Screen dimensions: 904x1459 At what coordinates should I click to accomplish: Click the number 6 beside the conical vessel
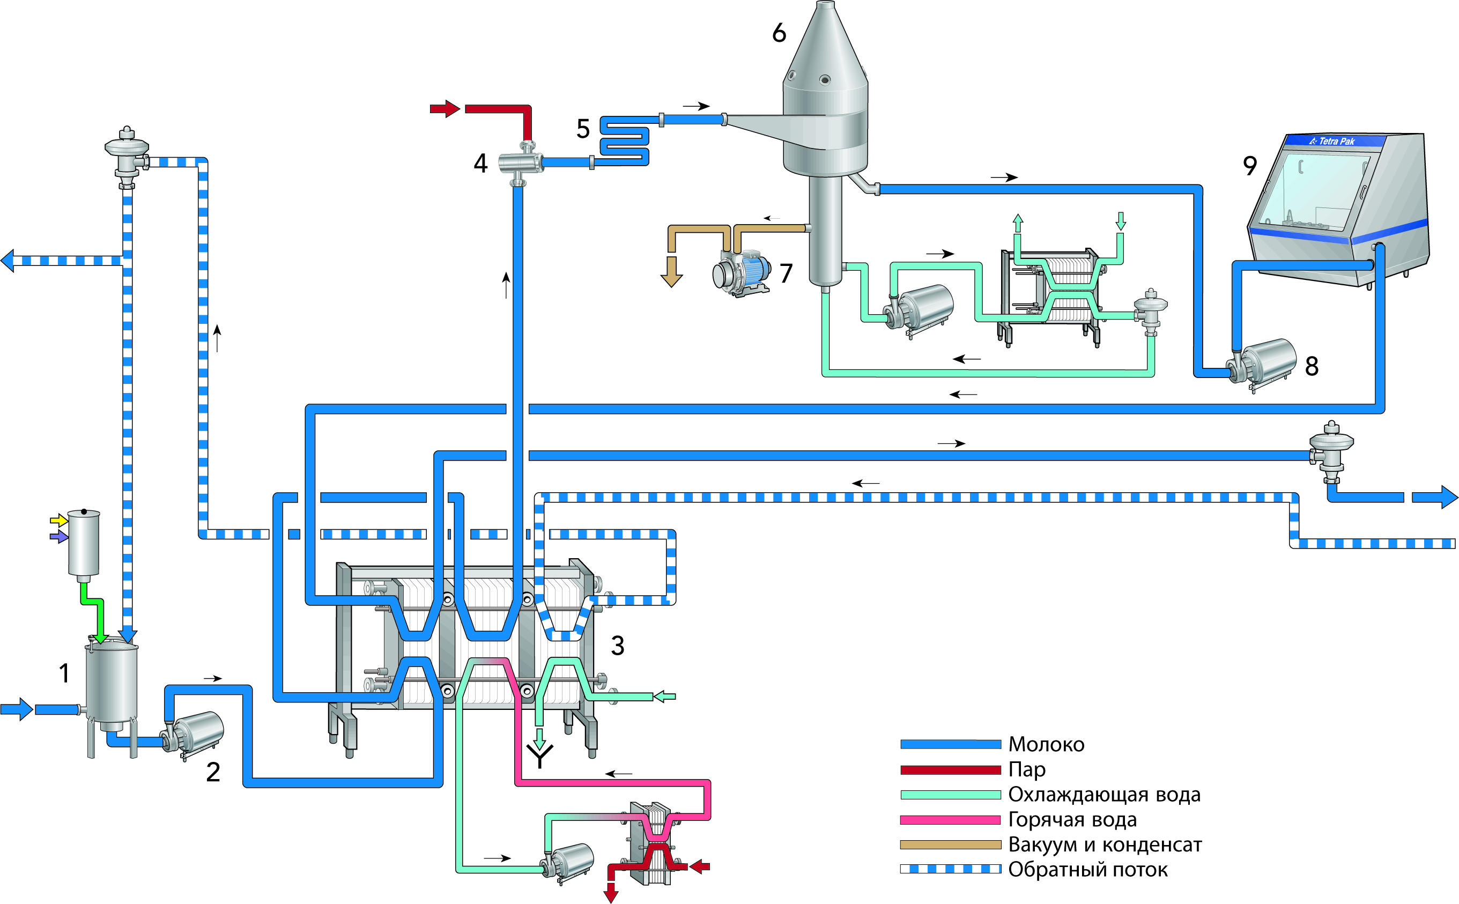779,33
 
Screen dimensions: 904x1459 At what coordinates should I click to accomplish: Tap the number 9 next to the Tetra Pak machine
1250,166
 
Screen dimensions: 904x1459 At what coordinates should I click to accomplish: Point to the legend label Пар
1027,769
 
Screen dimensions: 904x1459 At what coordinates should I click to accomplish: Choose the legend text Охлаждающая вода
1104,795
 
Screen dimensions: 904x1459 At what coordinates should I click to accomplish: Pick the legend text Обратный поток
1087,869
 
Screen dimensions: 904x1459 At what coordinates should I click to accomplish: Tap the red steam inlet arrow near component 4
445,109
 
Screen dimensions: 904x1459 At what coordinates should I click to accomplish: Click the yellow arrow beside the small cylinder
58,520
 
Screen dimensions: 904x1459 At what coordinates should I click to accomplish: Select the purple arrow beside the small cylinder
58,537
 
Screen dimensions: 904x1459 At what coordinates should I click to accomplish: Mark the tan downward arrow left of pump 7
671,272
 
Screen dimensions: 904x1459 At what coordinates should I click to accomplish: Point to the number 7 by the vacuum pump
786,273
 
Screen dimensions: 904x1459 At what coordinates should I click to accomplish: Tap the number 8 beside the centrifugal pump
1312,366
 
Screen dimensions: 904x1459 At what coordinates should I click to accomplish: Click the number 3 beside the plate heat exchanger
618,646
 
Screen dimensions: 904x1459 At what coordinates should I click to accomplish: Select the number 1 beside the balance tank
64,673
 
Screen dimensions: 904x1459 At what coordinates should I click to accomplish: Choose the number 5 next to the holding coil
583,129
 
